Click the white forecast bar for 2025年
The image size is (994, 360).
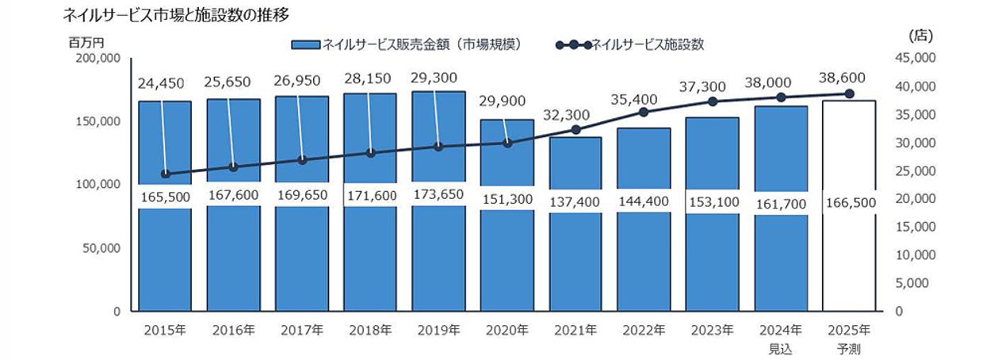pyautogui.click(x=849, y=262)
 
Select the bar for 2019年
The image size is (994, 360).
pyautogui.click(x=438, y=262)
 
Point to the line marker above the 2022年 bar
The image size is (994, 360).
pyautogui.click(x=644, y=113)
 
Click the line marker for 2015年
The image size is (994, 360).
pyautogui.click(x=165, y=174)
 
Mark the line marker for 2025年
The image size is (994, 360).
pyautogui.click(x=849, y=94)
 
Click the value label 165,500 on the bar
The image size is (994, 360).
pyautogui.click(x=164, y=197)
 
